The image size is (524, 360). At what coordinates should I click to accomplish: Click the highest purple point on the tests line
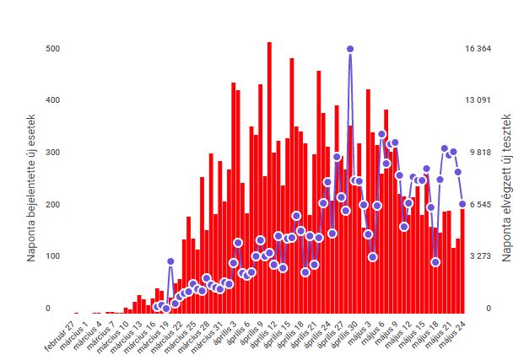click(x=349, y=49)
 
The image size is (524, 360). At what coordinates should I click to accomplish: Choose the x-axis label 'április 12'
click(x=266, y=331)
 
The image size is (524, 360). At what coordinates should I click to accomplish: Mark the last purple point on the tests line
click(x=462, y=204)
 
